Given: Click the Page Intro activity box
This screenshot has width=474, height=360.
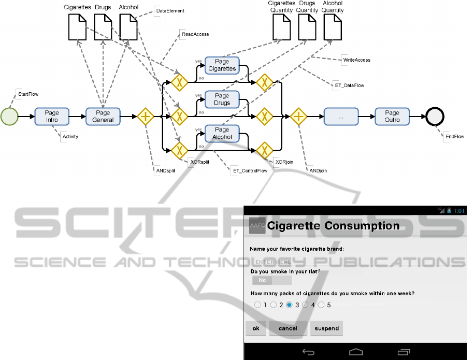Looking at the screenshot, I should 52,117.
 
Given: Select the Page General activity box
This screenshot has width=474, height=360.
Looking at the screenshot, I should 103,117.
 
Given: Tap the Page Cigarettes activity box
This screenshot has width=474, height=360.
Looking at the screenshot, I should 222,65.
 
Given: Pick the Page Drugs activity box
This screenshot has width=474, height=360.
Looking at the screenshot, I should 222,99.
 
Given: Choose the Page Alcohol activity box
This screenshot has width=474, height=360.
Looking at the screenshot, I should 222,133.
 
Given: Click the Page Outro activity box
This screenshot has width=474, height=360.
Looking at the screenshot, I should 392,117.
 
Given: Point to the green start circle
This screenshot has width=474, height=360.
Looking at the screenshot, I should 10,117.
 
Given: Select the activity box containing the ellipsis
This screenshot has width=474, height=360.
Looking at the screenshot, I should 341,117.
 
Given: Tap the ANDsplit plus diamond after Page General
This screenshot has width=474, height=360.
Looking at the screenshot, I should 146,117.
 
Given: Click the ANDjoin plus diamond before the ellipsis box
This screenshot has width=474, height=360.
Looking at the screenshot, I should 298,117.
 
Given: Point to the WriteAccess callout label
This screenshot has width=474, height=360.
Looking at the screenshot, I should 356,60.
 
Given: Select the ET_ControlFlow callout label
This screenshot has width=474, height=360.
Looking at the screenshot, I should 250,170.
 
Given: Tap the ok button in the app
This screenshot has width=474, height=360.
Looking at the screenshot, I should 255,328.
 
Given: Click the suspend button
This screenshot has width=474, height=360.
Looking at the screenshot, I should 326,328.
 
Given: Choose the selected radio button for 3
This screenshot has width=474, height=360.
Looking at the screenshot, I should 289,305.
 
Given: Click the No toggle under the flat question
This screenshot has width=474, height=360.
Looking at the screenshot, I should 263,280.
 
